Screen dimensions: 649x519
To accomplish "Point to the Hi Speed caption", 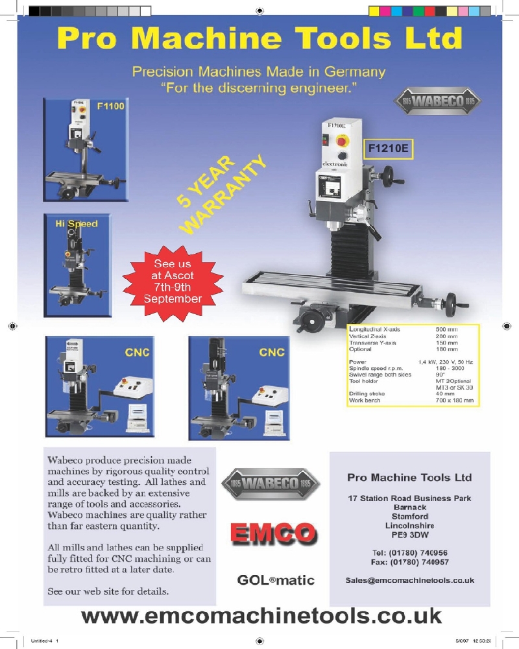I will (77, 224).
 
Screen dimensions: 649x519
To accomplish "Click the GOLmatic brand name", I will (276, 580).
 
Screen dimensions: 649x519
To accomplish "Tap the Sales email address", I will (409, 580).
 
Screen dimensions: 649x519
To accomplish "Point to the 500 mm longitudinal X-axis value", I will (446, 329).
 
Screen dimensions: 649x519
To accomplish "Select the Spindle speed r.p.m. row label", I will (376, 368).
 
